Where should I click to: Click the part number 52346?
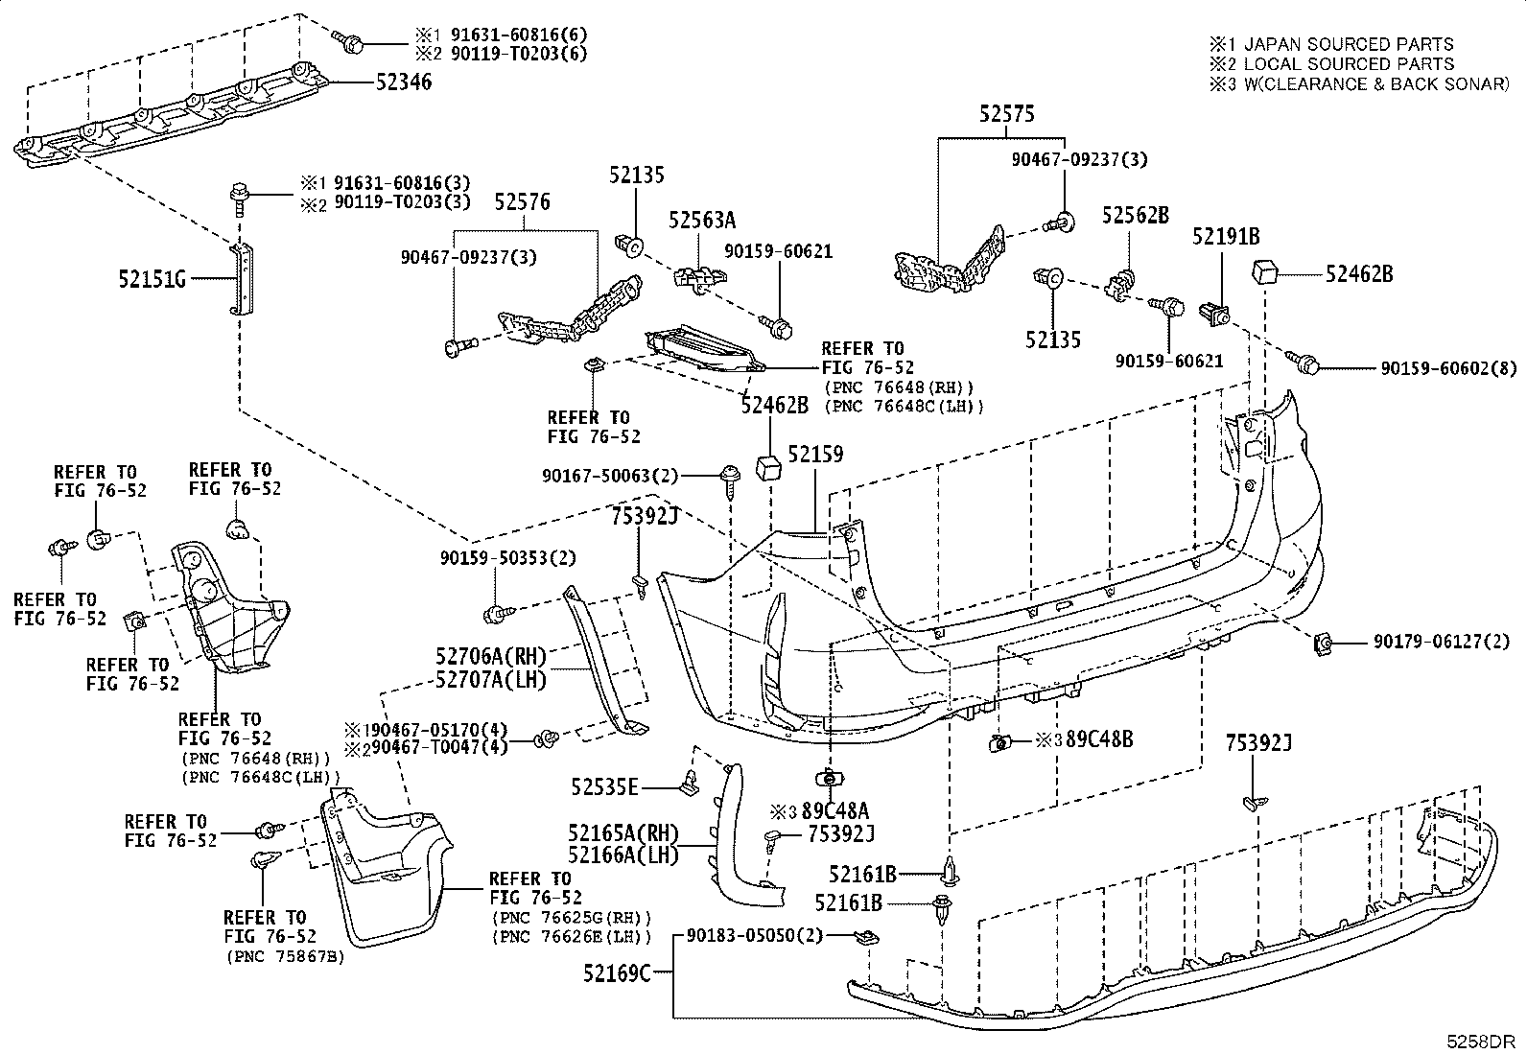pyautogui.click(x=404, y=82)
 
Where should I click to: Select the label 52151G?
pyautogui.click(x=152, y=279)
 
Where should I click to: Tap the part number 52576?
pyautogui.click(x=522, y=201)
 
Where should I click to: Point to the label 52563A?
pyautogui.click(x=702, y=220)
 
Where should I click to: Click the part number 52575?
pyautogui.click(x=1007, y=114)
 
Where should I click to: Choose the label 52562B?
pyautogui.click(x=1136, y=216)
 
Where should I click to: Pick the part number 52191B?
pyautogui.click(x=1226, y=237)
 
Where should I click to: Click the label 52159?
pyautogui.click(x=816, y=454)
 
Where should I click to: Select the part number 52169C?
pyautogui.click(x=617, y=972)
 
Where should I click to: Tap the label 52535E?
pyautogui.click(x=604, y=787)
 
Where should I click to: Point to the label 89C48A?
pyautogui.click(x=835, y=811)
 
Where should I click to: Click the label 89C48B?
pyautogui.click(x=1099, y=739)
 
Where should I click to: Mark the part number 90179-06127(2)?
pyautogui.click(x=1442, y=642)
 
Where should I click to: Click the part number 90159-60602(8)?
pyautogui.click(x=1449, y=369)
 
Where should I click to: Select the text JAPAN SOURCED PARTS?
pyautogui.click(x=1350, y=44)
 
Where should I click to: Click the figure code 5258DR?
pyautogui.click(x=1481, y=1042)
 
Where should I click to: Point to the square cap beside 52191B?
pyautogui.click(x=1264, y=272)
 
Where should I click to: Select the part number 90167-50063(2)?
pyautogui.click(x=610, y=476)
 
